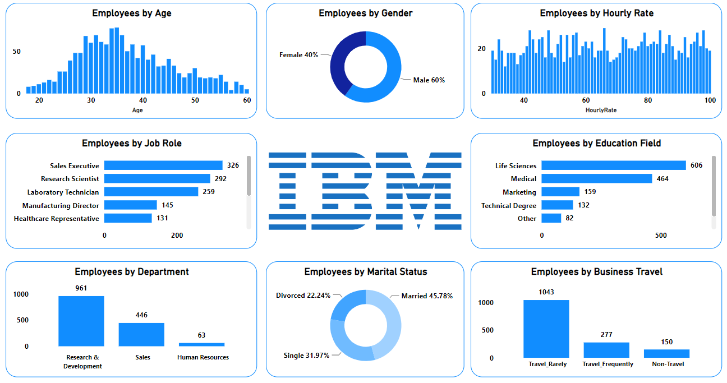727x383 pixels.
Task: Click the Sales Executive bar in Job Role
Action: [x=163, y=165]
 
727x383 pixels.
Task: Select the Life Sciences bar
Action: [x=613, y=165]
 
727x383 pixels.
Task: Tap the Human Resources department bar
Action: [x=201, y=344]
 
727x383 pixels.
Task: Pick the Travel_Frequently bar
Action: [x=606, y=350]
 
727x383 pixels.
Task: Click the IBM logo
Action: [x=365, y=191]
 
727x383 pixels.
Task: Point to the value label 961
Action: [x=81, y=288]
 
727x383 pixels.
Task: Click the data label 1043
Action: [x=546, y=292]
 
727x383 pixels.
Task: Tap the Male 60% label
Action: [x=429, y=80]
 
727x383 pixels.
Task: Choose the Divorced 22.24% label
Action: [x=303, y=296]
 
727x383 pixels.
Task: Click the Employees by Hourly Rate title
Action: [x=596, y=13]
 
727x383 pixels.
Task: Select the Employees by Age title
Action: [x=132, y=13]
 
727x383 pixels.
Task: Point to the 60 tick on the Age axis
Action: [x=247, y=100]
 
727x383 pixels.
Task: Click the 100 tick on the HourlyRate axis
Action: [x=710, y=100]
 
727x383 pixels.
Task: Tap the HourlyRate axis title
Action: [x=601, y=110]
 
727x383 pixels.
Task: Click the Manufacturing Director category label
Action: [x=61, y=206]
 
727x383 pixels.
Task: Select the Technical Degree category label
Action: [x=509, y=206]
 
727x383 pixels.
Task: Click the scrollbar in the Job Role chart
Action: [x=249, y=176]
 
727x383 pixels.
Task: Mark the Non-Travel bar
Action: [x=666, y=353]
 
